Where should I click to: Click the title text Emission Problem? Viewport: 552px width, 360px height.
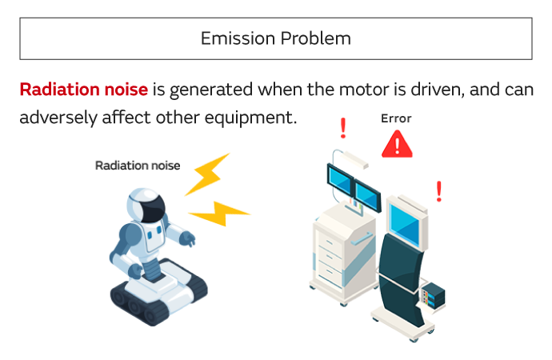click(x=275, y=38)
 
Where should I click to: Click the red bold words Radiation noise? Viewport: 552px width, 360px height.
click(x=83, y=88)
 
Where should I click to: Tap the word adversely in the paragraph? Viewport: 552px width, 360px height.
click(x=58, y=117)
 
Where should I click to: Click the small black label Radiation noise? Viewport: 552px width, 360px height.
click(x=138, y=166)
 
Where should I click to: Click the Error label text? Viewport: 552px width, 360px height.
click(x=396, y=118)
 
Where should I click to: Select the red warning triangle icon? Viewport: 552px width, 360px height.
click(x=397, y=145)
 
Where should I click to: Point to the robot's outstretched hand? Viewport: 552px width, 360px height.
click(x=189, y=238)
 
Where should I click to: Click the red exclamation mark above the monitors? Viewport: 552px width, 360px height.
click(x=343, y=127)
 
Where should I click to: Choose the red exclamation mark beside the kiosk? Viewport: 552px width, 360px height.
click(x=438, y=191)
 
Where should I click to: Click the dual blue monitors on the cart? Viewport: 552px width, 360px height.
click(x=353, y=186)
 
